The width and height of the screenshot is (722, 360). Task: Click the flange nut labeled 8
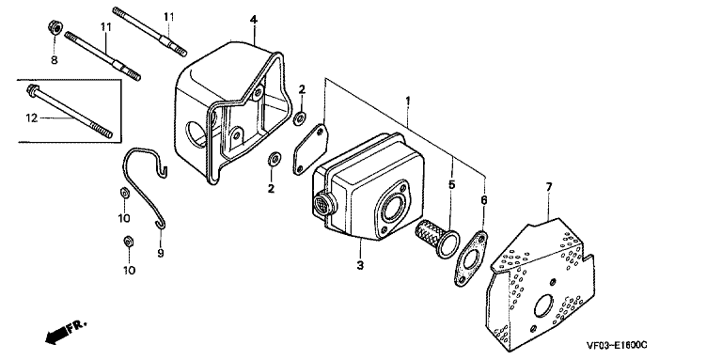click(55, 27)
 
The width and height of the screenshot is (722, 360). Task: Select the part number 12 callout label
click(31, 118)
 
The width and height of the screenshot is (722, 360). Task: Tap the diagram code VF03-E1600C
click(617, 345)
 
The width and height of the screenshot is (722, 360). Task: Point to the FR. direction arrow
click(65, 332)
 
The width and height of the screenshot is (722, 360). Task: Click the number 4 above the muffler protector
click(254, 20)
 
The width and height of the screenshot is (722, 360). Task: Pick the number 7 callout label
click(548, 187)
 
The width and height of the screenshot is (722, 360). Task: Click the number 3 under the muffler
click(360, 266)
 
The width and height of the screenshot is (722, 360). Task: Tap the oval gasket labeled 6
click(470, 258)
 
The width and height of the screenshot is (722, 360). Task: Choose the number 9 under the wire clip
click(160, 253)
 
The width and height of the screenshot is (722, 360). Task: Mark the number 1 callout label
click(407, 100)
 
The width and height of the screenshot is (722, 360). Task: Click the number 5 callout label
click(451, 185)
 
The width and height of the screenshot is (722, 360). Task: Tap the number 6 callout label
click(483, 200)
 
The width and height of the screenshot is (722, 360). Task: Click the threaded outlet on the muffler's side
click(321, 203)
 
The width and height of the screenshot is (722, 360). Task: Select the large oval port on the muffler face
click(393, 207)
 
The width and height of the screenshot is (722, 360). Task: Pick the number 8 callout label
click(55, 60)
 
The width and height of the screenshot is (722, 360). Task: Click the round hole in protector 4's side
click(196, 133)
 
